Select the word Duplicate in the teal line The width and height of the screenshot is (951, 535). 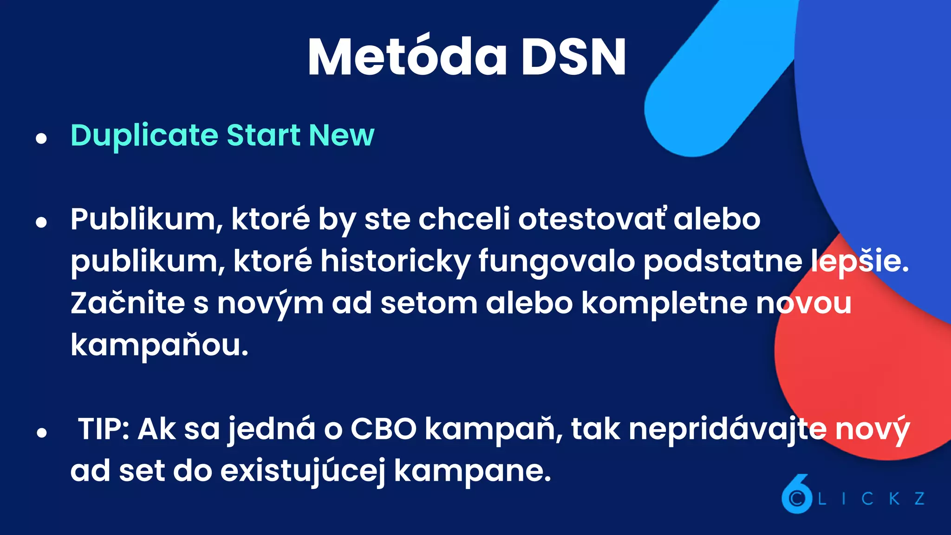pos(144,136)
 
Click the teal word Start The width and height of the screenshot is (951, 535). pos(263,136)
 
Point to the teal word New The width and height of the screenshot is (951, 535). pos(341,136)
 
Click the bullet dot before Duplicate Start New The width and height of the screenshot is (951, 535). pos(42,138)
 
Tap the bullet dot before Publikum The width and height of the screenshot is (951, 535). pos(42,222)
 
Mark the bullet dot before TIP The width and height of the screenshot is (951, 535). pos(42,432)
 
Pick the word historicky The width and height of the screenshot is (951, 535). pos(395,261)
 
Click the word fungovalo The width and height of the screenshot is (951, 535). pos(556,261)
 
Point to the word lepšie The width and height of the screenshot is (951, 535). pos(859,261)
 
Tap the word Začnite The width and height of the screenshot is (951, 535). pos(128,303)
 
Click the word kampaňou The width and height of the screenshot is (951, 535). pos(159,345)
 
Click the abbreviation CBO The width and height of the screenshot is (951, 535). pos(384,429)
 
